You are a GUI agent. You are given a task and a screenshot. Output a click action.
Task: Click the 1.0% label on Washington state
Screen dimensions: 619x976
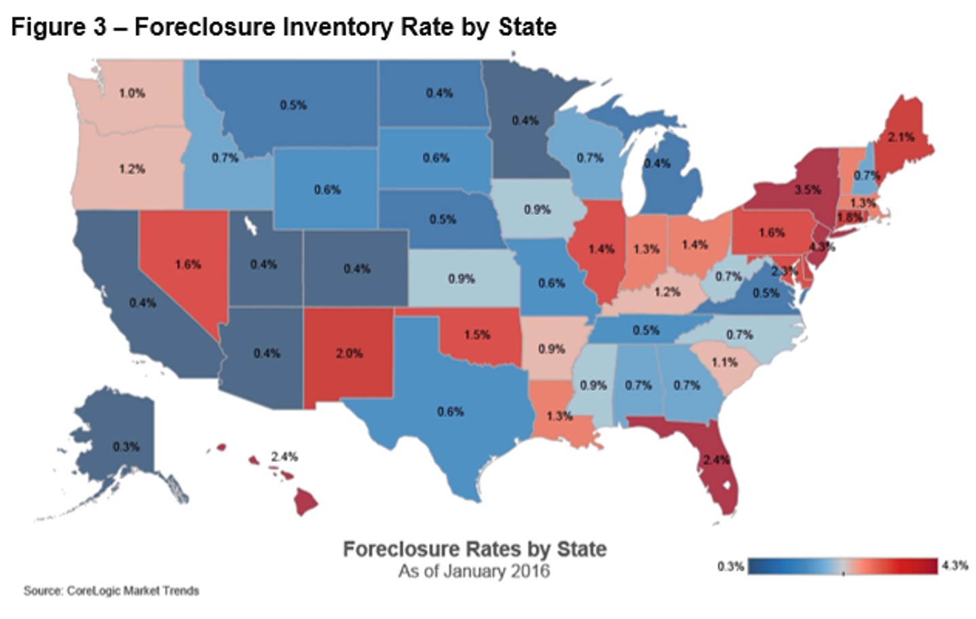[132, 93]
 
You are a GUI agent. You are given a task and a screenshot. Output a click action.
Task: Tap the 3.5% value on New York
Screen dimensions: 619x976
[808, 189]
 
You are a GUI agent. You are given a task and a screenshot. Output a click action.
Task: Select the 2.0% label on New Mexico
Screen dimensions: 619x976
[349, 353]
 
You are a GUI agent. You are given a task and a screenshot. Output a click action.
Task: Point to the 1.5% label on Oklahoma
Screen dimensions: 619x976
[477, 335]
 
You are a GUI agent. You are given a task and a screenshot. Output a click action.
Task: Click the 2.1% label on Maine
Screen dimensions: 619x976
[901, 137]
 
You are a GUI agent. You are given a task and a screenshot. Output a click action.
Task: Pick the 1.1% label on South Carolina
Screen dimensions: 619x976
[724, 362]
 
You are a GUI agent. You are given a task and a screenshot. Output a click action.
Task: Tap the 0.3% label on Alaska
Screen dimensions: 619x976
[126, 447]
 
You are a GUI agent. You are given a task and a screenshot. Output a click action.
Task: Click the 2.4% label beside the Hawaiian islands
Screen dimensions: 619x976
[284, 457]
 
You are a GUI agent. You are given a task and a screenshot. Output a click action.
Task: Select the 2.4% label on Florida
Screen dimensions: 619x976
[716, 459]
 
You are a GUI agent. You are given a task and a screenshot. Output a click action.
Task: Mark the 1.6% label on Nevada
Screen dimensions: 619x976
[187, 264]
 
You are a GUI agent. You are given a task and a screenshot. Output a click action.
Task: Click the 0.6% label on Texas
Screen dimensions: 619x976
[450, 411]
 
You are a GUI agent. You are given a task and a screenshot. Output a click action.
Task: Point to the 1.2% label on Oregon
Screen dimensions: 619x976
[132, 169]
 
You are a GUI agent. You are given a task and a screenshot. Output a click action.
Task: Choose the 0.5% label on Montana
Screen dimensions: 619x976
[293, 105]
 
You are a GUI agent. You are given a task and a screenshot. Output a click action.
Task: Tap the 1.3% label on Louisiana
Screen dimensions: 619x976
[559, 415]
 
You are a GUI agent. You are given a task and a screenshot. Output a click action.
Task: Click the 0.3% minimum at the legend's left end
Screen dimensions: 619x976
[730, 566]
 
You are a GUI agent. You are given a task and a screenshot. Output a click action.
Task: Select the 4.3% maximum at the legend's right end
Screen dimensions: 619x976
[955, 565]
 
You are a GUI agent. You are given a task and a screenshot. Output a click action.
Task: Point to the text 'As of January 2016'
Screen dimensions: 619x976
[474, 571]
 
